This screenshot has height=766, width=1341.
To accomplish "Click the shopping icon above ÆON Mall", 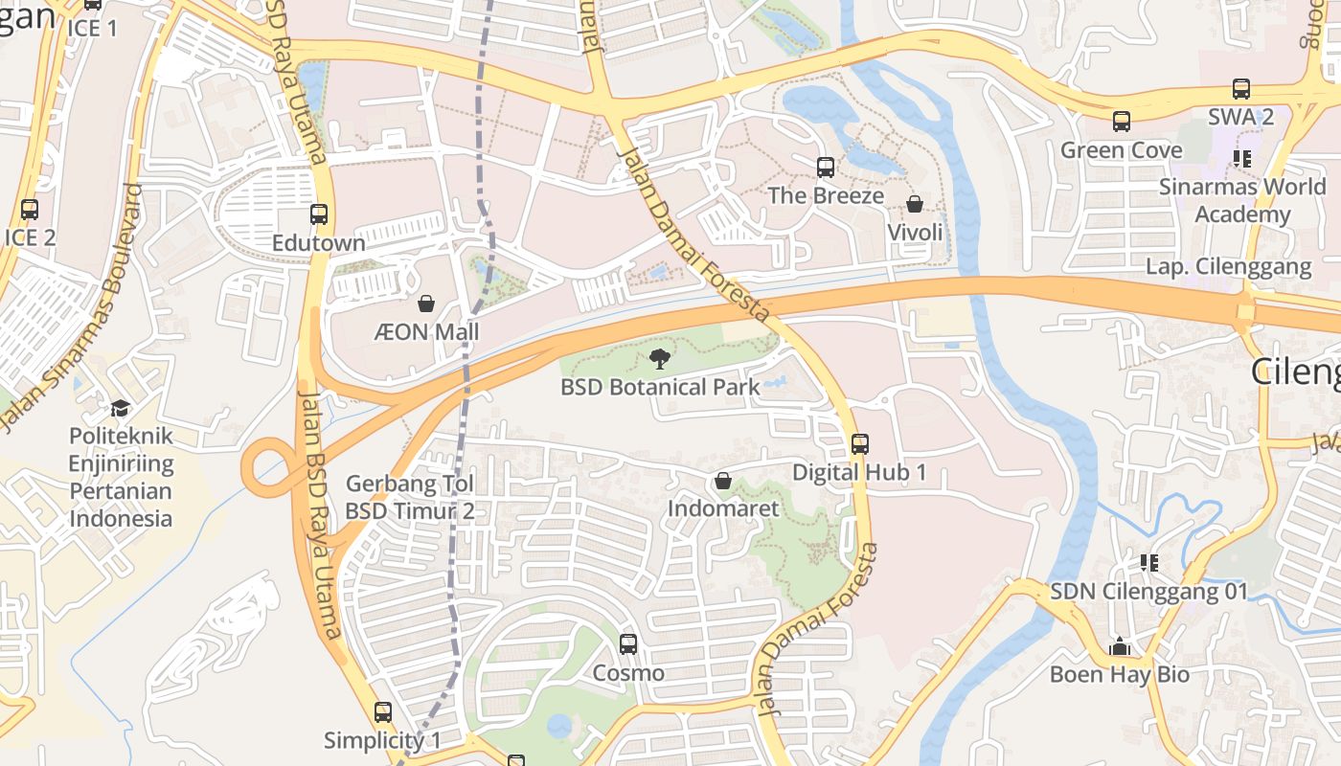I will pos(426,304).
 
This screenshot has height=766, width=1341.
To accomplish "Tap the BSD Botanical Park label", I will pos(660,387).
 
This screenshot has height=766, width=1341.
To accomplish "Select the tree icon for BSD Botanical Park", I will pos(659,359).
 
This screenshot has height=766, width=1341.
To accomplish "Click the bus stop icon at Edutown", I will pos(319,214).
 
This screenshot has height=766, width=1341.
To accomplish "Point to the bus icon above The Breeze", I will pos(826,168).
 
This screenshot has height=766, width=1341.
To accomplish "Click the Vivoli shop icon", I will pos(915,204).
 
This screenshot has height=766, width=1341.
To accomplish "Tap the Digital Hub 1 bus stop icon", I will pos(860,444).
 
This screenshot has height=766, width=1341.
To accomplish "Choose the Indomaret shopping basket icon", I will pos(723,481).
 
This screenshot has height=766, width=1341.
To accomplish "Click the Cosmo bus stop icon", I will pos(628,644).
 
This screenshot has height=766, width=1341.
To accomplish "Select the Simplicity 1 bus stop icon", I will pos(383,712).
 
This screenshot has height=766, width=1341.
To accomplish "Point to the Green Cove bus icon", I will pos(1122,122).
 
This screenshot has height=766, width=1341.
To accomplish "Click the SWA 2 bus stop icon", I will pos(1241,89).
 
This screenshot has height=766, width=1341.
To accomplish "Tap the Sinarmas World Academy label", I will pos(1242,200).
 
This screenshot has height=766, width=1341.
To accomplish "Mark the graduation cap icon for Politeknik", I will pos(120,409).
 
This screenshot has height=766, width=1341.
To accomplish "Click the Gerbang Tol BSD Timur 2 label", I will pos(410,497).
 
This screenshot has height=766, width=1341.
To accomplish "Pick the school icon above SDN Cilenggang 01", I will pos(1149,563).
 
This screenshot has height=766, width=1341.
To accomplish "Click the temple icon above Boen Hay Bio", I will pos(1120,646).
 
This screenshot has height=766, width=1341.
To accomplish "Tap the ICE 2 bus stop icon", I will pos(30,209).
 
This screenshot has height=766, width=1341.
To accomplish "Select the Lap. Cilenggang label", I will pos(1228,266).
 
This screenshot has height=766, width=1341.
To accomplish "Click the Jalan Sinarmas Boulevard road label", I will pos(72,306).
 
